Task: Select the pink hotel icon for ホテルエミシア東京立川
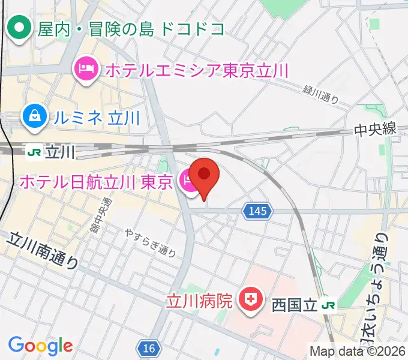(86, 70)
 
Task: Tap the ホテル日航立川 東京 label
(96, 181)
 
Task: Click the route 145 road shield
(258, 211)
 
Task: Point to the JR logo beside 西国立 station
(328, 305)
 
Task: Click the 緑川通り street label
(321, 94)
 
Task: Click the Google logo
(40, 346)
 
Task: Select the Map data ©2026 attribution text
(358, 352)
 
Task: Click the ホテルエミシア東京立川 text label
(197, 70)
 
